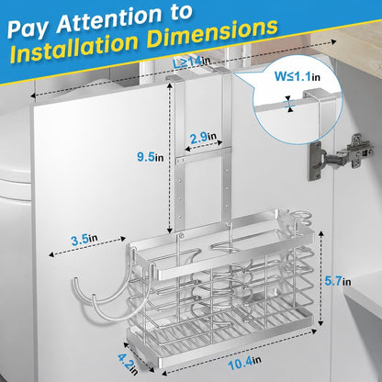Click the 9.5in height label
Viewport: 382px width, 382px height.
click(151, 157)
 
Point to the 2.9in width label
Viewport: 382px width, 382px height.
click(203, 138)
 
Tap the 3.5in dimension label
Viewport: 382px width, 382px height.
click(84, 239)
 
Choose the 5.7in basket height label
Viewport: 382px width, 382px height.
click(338, 281)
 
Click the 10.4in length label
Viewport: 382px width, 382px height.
click(244, 363)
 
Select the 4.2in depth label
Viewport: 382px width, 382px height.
click(128, 364)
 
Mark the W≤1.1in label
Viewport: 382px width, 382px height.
click(297, 75)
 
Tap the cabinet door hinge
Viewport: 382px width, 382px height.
click(341, 156)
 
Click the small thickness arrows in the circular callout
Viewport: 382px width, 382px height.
click(289, 104)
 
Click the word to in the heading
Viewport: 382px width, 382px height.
click(182, 14)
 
